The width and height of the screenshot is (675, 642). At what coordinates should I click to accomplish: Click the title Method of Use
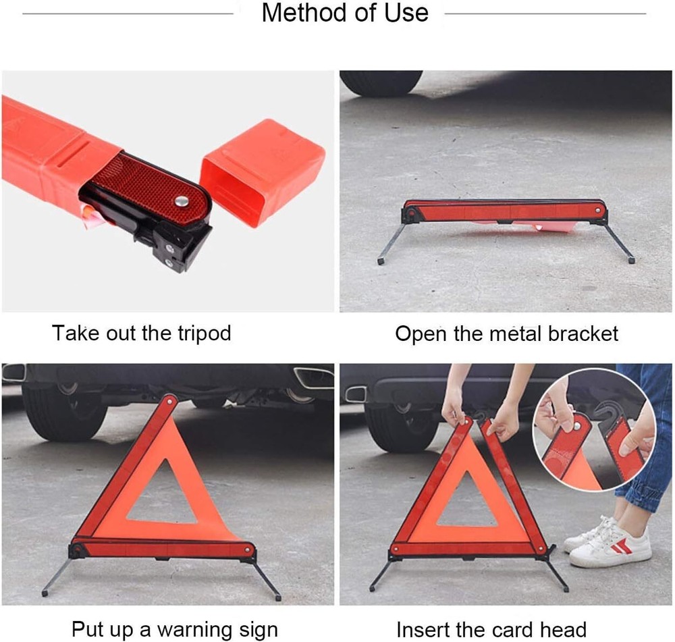click(344, 13)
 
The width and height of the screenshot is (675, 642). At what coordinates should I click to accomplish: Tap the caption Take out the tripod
click(142, 333)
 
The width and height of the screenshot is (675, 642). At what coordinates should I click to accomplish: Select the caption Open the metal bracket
click(506, 333)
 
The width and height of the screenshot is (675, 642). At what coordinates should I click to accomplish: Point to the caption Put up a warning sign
click(174, 629)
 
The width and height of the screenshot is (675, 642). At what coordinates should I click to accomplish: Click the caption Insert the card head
click(491, 629)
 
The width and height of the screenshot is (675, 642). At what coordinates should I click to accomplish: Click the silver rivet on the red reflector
click(181, 200)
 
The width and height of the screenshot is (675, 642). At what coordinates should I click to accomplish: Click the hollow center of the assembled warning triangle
click(163, 493)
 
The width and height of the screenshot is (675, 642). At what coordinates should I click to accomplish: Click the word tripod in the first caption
click(199, 333)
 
